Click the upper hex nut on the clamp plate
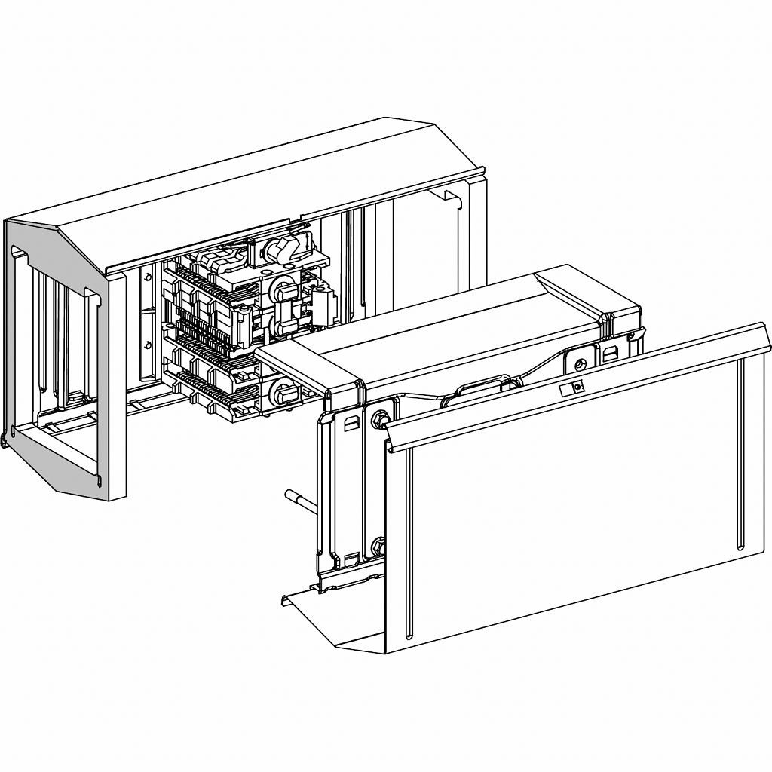379,415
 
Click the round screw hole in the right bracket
579,365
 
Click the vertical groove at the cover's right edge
740,452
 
